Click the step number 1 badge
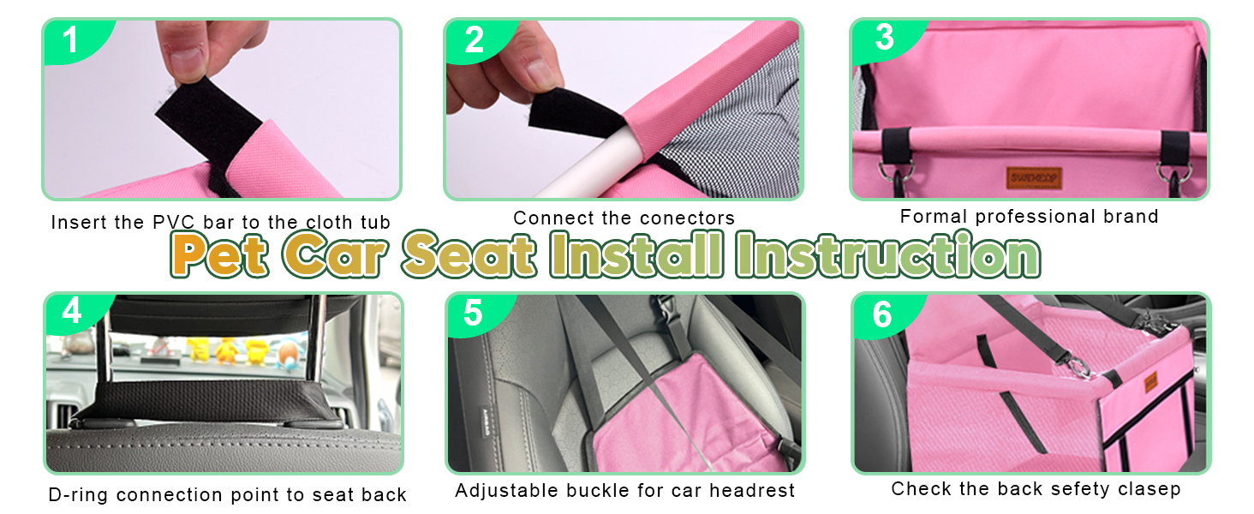(73, 40)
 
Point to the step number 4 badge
(73, 313)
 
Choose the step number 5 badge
(474, 314)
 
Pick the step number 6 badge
(882, 314)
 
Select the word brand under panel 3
(1131, 216)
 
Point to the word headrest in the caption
(752, 491)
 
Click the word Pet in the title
(219, 254)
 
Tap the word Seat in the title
(468, 254)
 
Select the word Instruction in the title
(888, 254)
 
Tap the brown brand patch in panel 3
(1033, 178)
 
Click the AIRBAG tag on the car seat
(486, 423)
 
